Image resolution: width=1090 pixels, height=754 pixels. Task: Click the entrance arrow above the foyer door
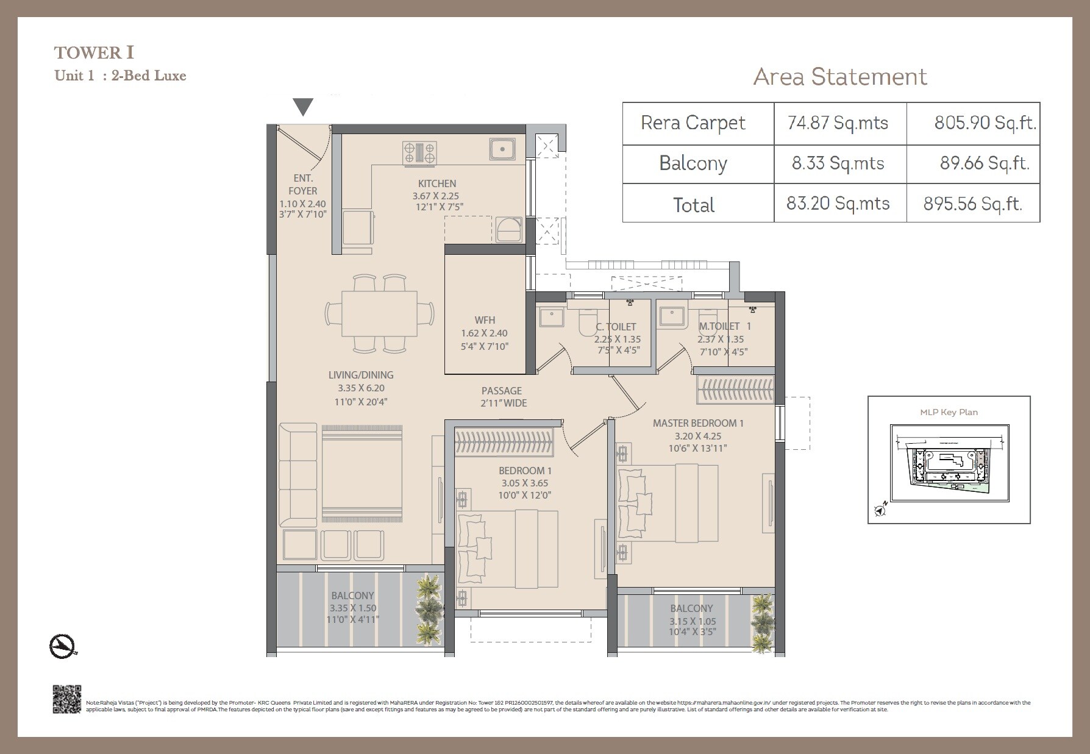[x=303, y=107]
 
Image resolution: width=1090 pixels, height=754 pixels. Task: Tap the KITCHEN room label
[x=436, y=183]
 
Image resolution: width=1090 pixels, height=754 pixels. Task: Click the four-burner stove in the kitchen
[x=420, y=152]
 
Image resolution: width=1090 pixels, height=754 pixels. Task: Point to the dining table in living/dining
[x=379, y=313]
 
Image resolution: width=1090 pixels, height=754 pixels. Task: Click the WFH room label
[x=485, y=320]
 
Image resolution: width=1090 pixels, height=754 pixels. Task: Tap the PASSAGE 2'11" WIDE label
[x=503, y=397]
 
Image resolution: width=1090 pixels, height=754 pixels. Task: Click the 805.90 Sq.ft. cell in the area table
[x=985, y=123]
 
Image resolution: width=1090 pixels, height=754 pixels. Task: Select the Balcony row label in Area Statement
[x=693, y=163]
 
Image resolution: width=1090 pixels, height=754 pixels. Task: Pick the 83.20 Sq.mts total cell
[x=838, y=203]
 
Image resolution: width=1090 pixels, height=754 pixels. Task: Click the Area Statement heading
[x=840, y=77]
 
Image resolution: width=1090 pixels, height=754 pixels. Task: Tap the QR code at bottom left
[x=67, y=699]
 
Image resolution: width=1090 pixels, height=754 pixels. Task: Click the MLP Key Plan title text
[x=949, y=412]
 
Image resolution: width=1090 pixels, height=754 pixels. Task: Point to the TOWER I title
[x=94, y=53]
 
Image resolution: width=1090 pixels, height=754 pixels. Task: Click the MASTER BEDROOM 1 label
[x=698, y=423]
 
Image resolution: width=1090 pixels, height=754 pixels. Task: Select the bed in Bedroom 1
[x=507, y=549]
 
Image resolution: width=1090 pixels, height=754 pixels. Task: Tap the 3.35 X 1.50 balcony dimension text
[x=353, y=608]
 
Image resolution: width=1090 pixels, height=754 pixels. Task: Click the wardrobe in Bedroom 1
[x=504, y=443]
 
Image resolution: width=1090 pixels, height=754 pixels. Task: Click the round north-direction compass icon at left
[x=62, y=646]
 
